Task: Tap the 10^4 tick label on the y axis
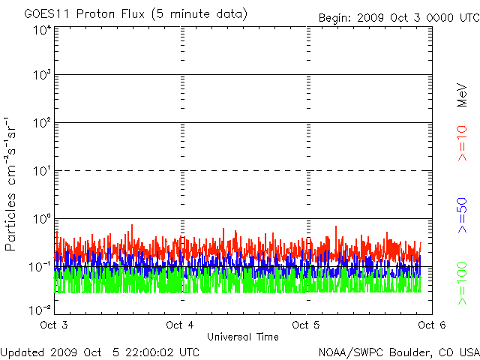[41, 30]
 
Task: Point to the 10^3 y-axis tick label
[41, 76]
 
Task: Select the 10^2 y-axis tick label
[41, 124]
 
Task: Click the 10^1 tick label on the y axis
[41, 172]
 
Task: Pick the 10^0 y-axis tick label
[41, 220]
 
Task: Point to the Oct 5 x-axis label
[307, 325]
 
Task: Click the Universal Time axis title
[242, 337]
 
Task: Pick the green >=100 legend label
[462, 282]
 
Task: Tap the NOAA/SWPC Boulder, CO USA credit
[397, 352]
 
